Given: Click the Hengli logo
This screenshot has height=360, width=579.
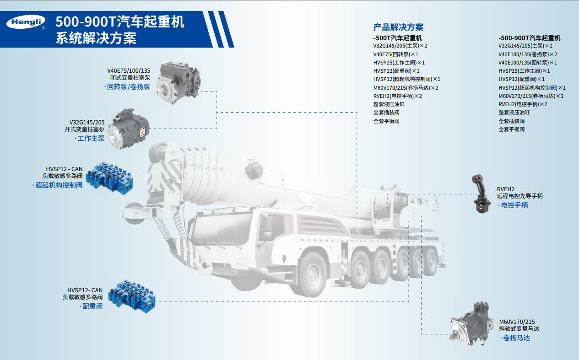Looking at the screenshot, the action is pyautogui.click(x=26, y=22).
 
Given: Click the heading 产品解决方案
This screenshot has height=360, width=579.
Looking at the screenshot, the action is pyautogui.click(x=398, y=27).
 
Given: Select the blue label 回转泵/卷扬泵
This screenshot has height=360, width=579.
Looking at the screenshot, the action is pyautogui.click(x=129, y=87).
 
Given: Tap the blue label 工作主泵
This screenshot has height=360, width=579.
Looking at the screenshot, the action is pyautogui.click(x=91, y=139).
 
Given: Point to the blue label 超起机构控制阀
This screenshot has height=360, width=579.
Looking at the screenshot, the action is pyautogui.click(x=59, y=185).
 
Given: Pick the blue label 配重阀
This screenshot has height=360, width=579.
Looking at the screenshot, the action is pyautogui.click(x=92, y=306).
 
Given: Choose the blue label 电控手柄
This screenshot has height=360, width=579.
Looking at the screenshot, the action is pyautogui.click(x=514, y=205).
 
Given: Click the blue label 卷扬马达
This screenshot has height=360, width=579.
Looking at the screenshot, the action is pyautogui.click(x=516, y=338).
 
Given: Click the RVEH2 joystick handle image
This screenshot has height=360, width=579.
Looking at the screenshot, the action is pyautogui.click(x=482, y=194).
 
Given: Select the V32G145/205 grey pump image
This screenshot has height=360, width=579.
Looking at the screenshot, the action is pyautogui.click(x=129, y=129).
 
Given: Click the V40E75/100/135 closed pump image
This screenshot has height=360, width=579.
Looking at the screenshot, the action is pyautogui.click(x=179, y=83).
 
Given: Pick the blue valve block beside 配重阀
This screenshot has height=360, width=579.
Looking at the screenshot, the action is pyautogui.click(x=132, y=296).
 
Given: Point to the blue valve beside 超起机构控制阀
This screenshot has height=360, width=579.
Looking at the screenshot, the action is pyautogui.click(x=109, y=178).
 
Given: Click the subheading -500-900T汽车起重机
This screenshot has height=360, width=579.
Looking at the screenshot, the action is pyautogui.click(x=530, y=38).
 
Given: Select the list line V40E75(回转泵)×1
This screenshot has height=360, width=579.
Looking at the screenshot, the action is pyautogui.click(x=395, y=54).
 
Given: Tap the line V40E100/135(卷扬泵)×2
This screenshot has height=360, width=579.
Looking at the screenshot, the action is pyautogui.click(x=528, y=54).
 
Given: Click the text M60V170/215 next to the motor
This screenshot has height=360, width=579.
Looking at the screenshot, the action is pyautogui.click(x=517, y=322).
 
